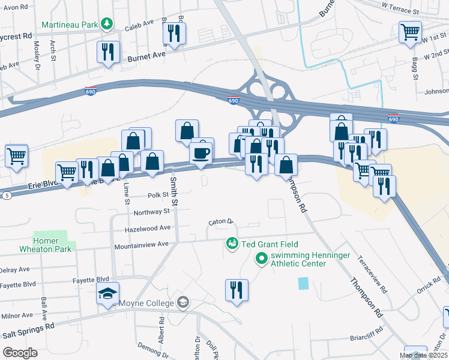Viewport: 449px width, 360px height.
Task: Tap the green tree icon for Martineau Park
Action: click(x=107, y=24)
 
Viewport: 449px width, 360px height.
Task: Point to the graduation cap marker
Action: click(x=108, y=294)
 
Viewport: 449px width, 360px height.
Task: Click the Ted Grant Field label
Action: click(x=270, y=244)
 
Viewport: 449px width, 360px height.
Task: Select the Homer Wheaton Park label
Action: click(x=53, y=244)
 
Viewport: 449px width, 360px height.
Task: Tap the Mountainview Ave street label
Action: click(x=142, y=245)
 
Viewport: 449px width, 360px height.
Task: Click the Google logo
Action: click(x=20, y=353)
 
